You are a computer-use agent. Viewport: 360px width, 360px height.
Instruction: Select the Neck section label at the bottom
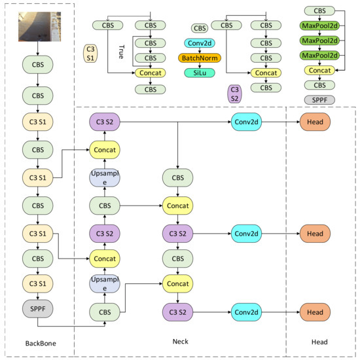[x=181, y=342]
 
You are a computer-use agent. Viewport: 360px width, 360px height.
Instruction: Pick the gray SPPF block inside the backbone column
[x=37, y=308]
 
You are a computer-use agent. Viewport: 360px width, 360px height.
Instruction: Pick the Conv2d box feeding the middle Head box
[x=247, y=233]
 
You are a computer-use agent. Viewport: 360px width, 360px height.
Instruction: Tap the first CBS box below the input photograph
[x=37, y=66]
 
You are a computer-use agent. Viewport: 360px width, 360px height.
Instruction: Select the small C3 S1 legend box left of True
[x=92, y=54]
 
